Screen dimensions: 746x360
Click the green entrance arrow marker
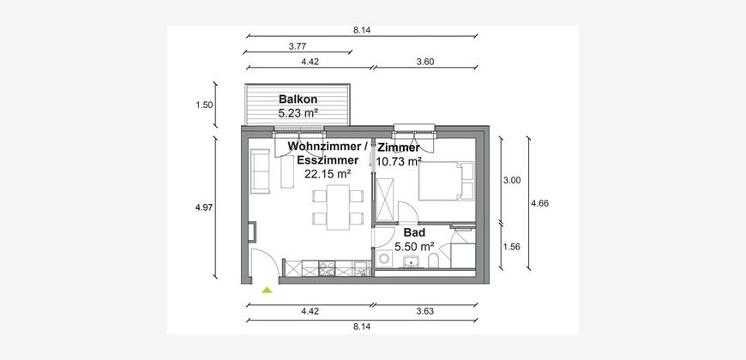coord(267,290)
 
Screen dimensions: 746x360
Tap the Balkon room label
coord(298,99)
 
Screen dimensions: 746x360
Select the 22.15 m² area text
coord(328,174)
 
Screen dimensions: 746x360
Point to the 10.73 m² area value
coord(399,161)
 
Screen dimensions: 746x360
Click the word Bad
coord(414,232)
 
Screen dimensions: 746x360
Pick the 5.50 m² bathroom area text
coord(414,246)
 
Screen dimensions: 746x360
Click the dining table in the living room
coord(338,207)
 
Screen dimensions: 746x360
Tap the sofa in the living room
coord(261,171)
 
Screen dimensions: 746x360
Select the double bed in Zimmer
coord(446,181)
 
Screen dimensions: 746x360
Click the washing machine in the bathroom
coord(383,259)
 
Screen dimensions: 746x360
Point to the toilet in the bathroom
coord(433,261)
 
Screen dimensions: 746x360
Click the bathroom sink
coord(411,261)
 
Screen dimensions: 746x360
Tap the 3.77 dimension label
coord(298,46)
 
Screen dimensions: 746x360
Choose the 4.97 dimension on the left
coord(204,207)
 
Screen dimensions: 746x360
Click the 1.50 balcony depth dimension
coord(204,105)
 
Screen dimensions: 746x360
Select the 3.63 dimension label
coord(424,311)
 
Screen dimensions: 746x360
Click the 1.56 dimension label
coord(512,247)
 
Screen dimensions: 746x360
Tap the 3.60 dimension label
coord(424,62)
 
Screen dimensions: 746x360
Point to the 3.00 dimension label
coord(512,180)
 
